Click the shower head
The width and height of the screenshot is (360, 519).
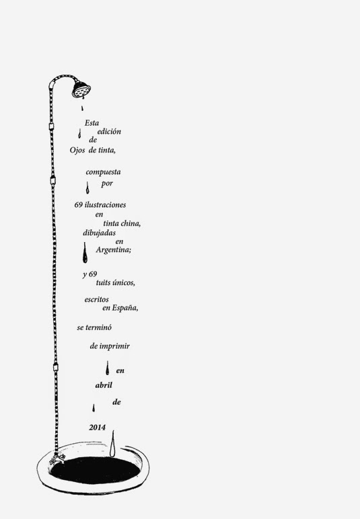pyautogui.click(x=81, y=89)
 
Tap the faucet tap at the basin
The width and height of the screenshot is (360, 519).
pyautogui.click(x=57, y=458)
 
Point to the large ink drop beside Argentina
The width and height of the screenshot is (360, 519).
pyautogui.click(x=85, y=253)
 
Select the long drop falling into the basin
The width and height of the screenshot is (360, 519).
pyautogui.click(x=112, y=444)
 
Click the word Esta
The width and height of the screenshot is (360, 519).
pyautogui.click(x=92, y=123)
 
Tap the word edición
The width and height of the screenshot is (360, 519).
pyautogui.click(x=109, y=131)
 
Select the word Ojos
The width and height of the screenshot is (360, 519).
pyautogui.click(x=77, y=151)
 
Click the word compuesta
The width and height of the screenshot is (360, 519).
pyautogui.click(x=103, y=172)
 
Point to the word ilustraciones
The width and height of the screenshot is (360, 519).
pyautogui.click(x=105, y=204)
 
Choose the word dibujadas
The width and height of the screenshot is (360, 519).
pyautogui.click(x=100, y=233)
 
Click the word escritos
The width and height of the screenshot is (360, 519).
pyautogui.click(x=96, y=299)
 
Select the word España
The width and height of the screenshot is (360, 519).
pyautogui.click(x=125, y=308)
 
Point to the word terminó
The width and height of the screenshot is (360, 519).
pyautogui.click(x=98, y=327)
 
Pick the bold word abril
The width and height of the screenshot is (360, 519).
pyautogui.click(x=104, y=385)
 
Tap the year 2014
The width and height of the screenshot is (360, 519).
pyautogui.click(x=97, y=428)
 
